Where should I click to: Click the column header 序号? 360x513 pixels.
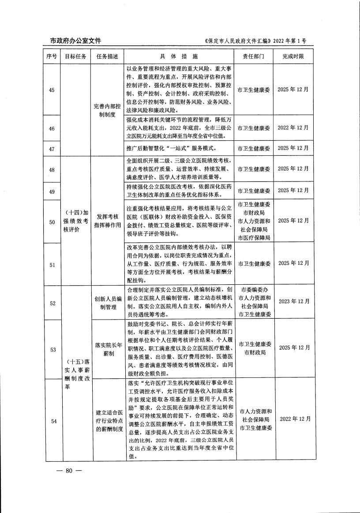coord(52,57)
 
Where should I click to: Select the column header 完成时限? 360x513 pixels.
coord(293,57)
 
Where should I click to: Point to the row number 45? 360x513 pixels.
coord(52,90)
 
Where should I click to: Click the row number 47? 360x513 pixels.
coord(52,148)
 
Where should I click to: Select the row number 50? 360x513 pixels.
coord(52,221)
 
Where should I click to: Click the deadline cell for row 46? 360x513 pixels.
coord(293,128)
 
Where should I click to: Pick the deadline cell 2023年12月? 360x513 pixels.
coord(293,302)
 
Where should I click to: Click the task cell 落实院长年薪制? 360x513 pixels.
coord(107,348)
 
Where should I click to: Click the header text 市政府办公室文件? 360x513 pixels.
coord(73,41)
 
